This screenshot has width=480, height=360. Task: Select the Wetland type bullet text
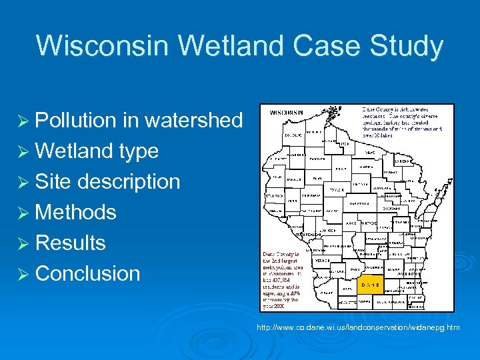[x=97, y=151]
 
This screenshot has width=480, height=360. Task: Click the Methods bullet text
[x=75, y=212]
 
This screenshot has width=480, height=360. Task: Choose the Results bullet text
[x=70, y=243]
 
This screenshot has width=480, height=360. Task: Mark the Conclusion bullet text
[x=87, y=273]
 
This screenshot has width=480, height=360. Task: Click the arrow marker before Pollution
[x=23, y=121]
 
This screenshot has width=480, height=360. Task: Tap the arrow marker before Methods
[x=23, y=213]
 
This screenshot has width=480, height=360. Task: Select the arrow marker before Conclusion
[x=23, y=274]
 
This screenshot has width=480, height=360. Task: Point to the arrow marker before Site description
[x=23, y=182]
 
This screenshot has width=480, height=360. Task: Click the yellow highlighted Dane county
[x=372, y=285]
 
